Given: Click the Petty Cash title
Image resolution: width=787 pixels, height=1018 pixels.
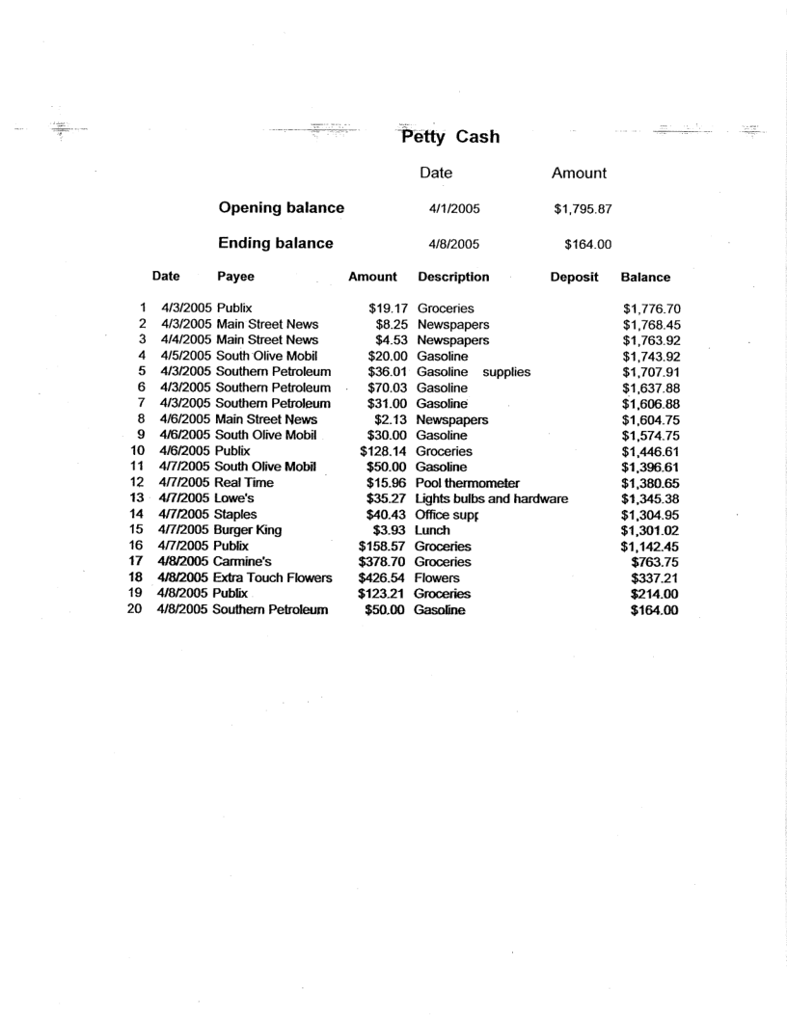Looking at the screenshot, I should click(450, 136).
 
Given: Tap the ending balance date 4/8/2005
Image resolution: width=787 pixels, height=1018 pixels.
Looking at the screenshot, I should click(454, 244).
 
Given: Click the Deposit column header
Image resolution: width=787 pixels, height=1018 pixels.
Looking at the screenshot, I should click(574, 278).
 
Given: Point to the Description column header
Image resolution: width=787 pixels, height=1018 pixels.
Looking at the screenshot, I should click(453, 278).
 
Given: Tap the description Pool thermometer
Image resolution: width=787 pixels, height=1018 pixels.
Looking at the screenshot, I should click(468, 482).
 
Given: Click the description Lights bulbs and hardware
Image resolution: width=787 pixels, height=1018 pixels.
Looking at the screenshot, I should click(491, 498).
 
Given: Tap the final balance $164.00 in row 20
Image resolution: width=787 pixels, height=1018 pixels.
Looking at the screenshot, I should click(655, 609).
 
